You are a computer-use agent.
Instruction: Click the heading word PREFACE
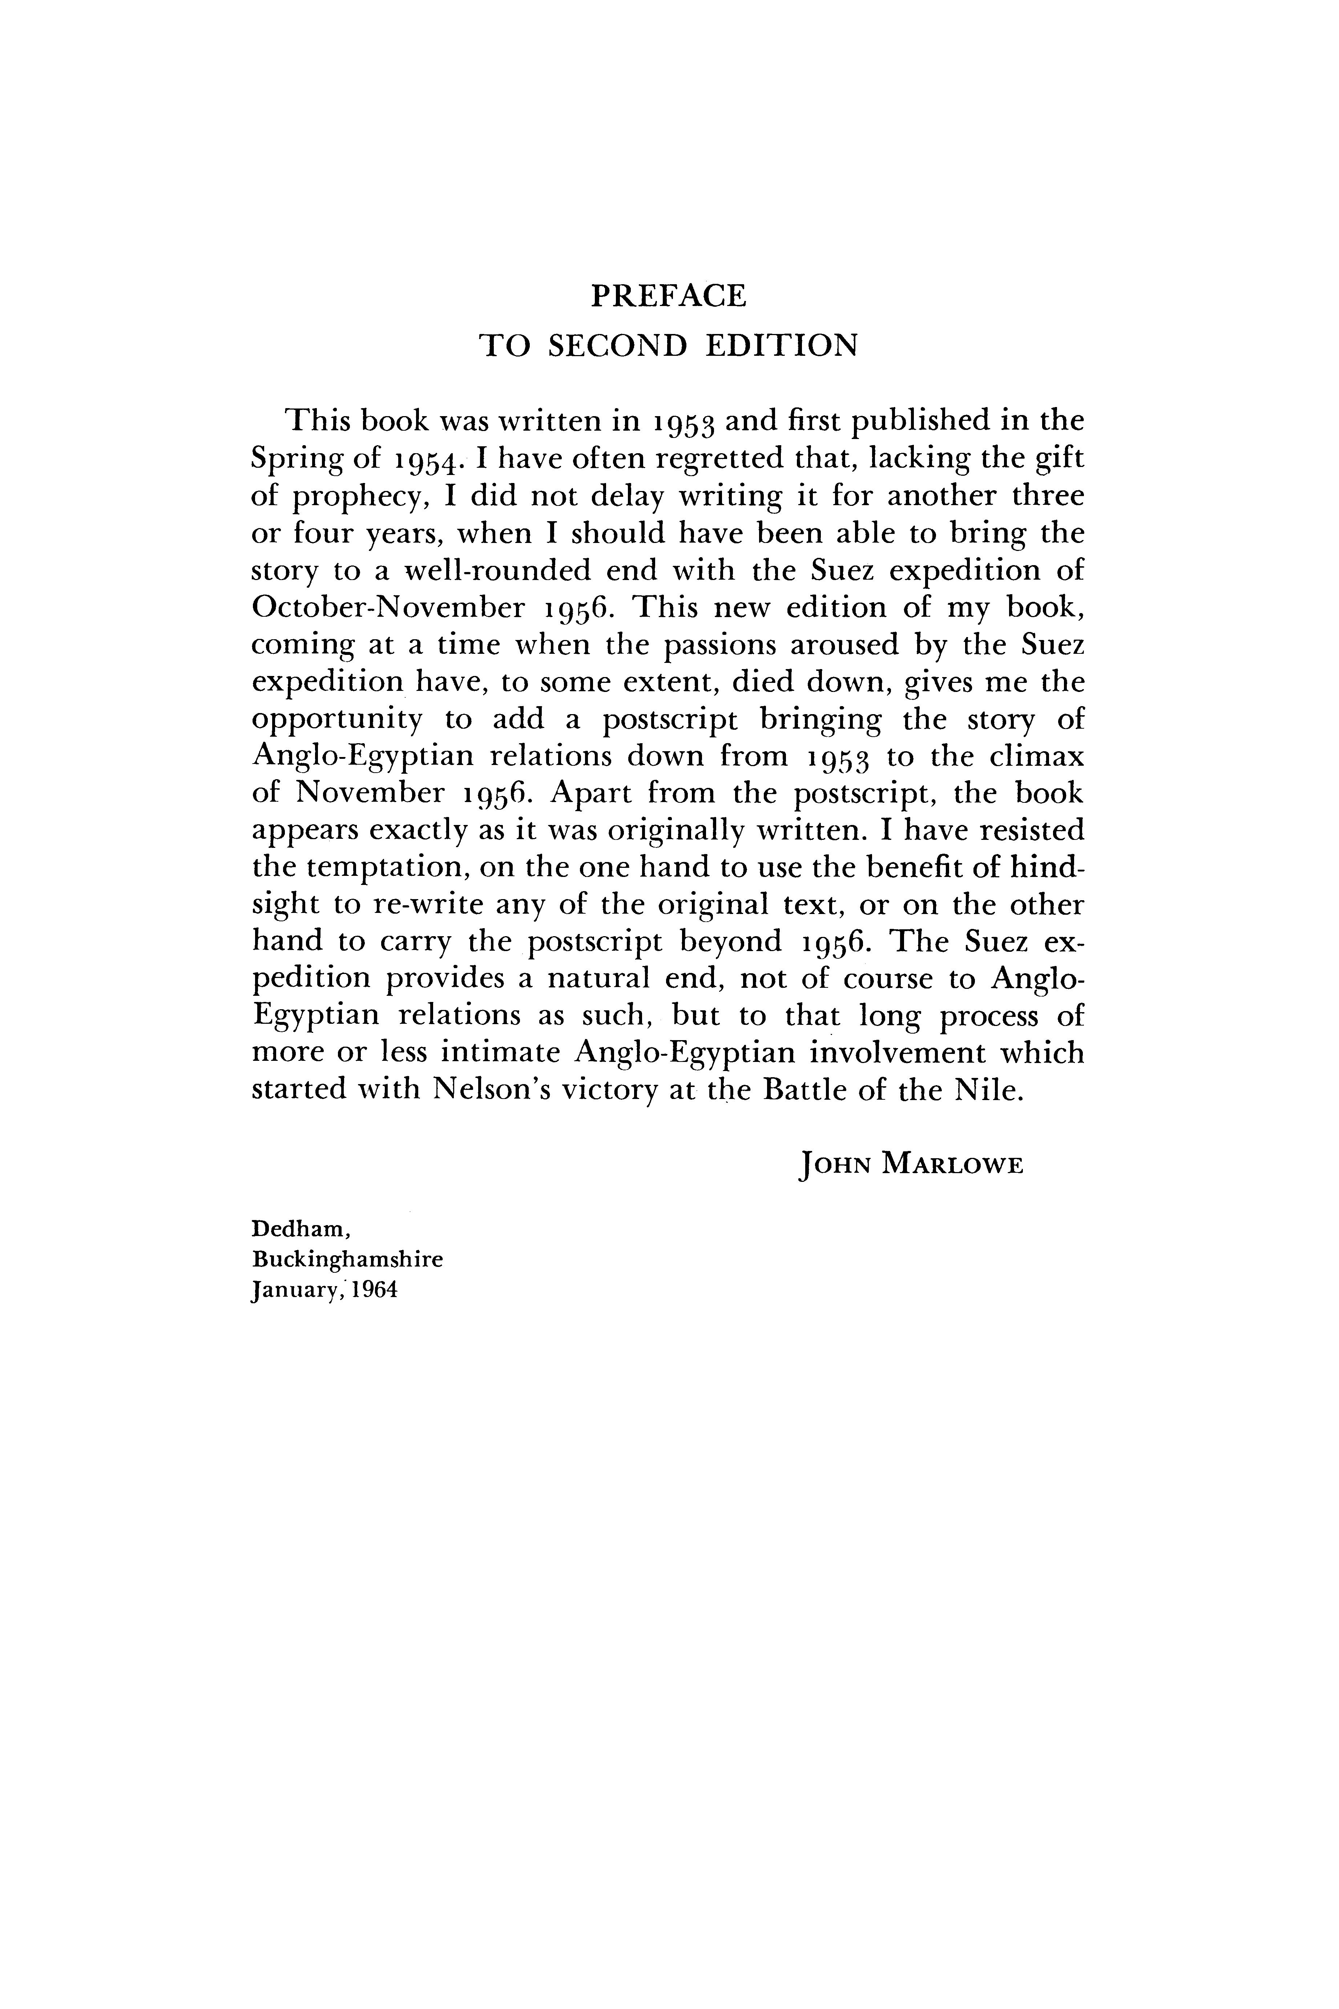[669, 295]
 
